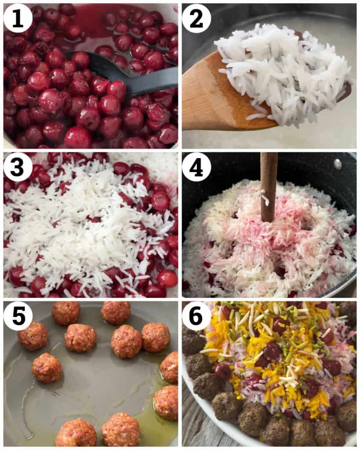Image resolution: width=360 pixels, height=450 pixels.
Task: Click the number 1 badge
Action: pyautogui.click(x=18, y=18)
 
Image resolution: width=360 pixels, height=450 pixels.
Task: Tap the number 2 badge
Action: pyautogui.click(x=196, y=18)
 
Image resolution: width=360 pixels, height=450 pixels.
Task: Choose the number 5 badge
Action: pyautogui.click(x=18, y=316)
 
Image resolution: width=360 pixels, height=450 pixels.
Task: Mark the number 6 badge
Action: pyautogui.click(x=196, y=316)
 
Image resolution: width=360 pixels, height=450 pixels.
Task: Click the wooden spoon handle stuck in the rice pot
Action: pyautogui.click(x=268, y=185)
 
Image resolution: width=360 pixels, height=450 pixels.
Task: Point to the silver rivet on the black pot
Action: pyautogui.click(x=337, y=164)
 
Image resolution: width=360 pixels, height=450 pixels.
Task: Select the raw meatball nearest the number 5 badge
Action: pyautogui.click(x=33, y=336)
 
